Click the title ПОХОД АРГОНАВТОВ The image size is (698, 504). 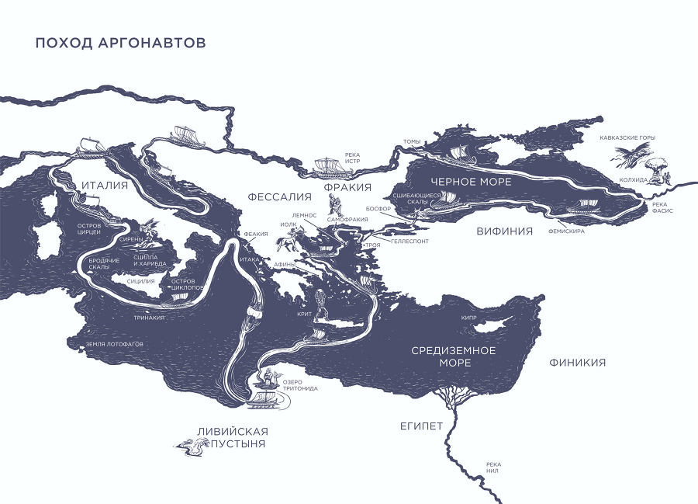(120, 43)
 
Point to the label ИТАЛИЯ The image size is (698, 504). (104, 185)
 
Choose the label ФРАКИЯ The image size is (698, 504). (347, 188)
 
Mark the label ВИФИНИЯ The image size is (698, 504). (504, 231)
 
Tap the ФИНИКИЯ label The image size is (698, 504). (577, 363)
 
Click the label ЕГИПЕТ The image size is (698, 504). (421, 426)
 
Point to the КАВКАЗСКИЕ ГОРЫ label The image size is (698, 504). (627, 137)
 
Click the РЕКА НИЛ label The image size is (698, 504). (494, 468)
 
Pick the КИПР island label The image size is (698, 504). (468, 318)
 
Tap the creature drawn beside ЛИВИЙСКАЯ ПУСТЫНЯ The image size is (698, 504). (192, 445)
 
